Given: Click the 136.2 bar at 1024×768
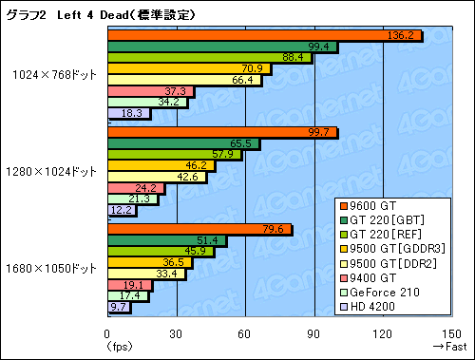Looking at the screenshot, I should [263, 35].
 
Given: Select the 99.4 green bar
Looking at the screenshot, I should [220, 46].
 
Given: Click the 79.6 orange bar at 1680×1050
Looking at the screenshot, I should [199, 230].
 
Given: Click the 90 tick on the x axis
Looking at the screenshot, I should [313, 333].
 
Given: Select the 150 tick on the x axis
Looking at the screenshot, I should [451, 333].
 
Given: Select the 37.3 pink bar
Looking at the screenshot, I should [150, 91].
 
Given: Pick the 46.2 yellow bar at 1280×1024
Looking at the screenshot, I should [161, 165].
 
